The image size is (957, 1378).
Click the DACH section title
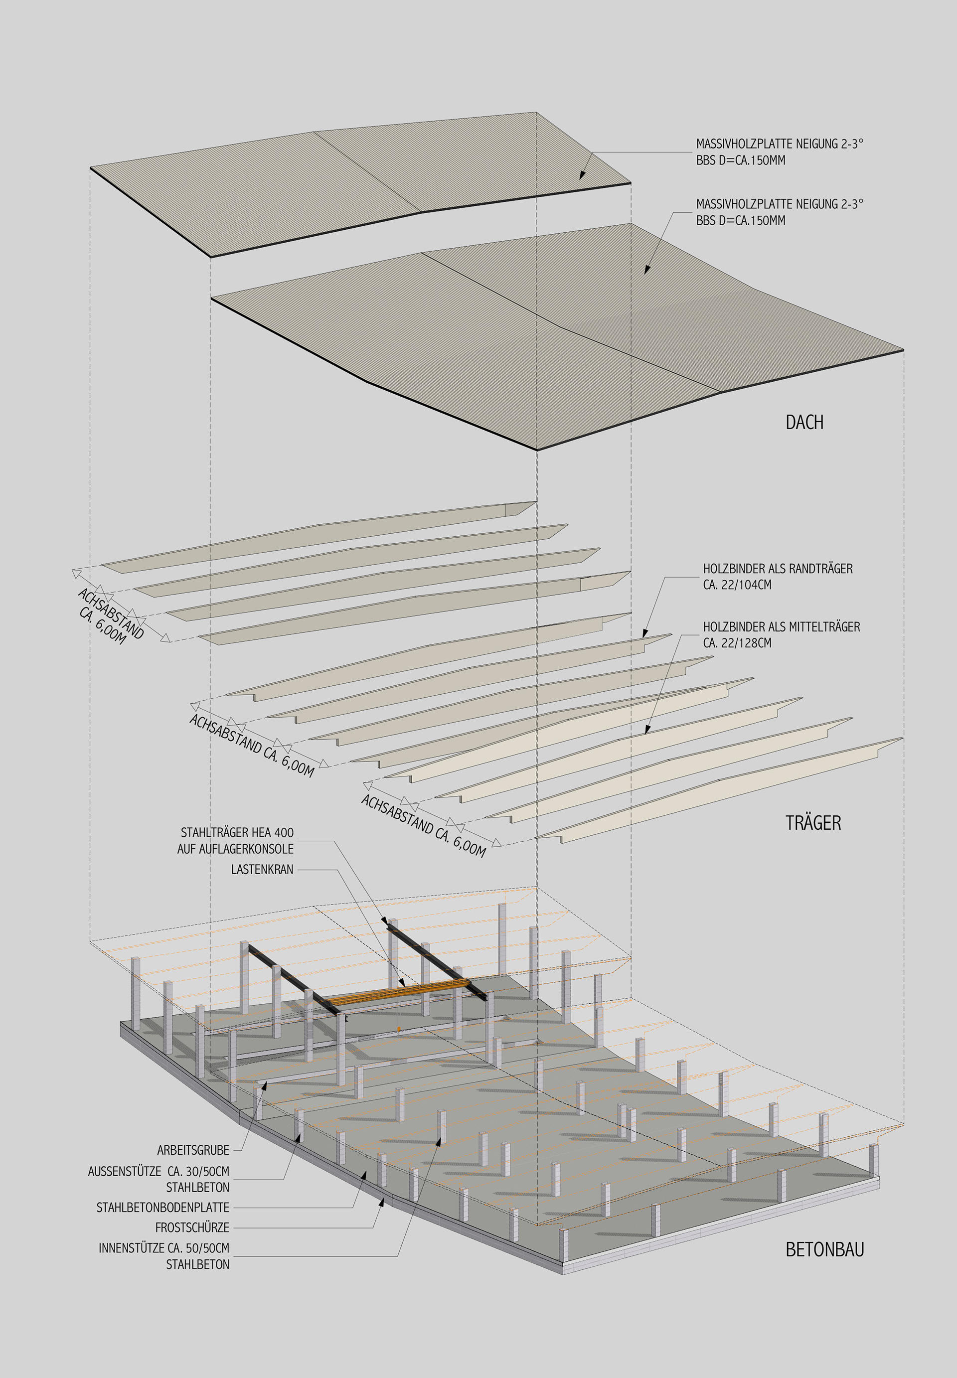coord(804,423)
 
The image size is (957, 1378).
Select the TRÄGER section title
coord(812,823)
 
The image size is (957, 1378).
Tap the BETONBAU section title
coord(824,1250)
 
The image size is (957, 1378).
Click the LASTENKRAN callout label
coord(262,870)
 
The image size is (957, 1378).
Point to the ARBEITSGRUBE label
coord(193,1150)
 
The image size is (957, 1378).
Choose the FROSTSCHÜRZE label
coord(192,1227)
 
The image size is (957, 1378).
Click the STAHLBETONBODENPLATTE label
coord(162,1207)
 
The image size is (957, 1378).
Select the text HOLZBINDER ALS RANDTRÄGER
coord(778,569)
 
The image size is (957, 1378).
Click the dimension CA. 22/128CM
coord(737,643)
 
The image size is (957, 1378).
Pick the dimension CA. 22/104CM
coord(737,585)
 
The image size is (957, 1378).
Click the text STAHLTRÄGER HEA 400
coord(237,833)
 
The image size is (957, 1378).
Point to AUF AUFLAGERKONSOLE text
coord(235,849)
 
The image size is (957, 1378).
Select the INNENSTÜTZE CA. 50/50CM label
coord(163,1248)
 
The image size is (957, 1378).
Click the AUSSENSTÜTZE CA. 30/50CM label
coord(159,1171)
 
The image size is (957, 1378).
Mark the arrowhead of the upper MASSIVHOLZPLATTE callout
coord(581,177)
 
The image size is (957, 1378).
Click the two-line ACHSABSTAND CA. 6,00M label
coord(110,615)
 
